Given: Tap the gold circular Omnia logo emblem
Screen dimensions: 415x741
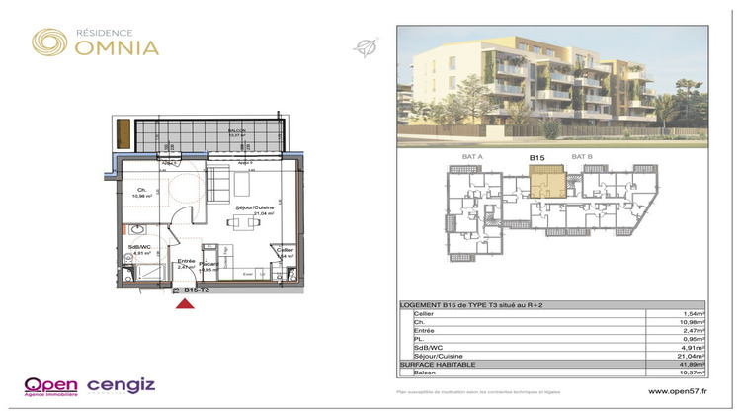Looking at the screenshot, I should point(49,41).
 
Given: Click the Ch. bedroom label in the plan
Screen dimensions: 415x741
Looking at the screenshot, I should point(141,190).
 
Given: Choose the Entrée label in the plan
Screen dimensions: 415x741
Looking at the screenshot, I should point(185,261).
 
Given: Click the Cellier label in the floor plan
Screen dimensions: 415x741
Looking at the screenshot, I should point(285,250).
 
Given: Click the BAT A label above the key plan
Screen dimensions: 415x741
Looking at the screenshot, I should point(472,156).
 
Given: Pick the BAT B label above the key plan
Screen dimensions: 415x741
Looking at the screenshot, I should point(583,156).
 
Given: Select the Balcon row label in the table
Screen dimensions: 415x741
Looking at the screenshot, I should point(425,373).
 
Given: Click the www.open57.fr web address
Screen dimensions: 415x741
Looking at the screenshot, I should point(678,392).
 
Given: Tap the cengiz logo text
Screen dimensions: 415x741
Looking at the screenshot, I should point(122,385).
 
